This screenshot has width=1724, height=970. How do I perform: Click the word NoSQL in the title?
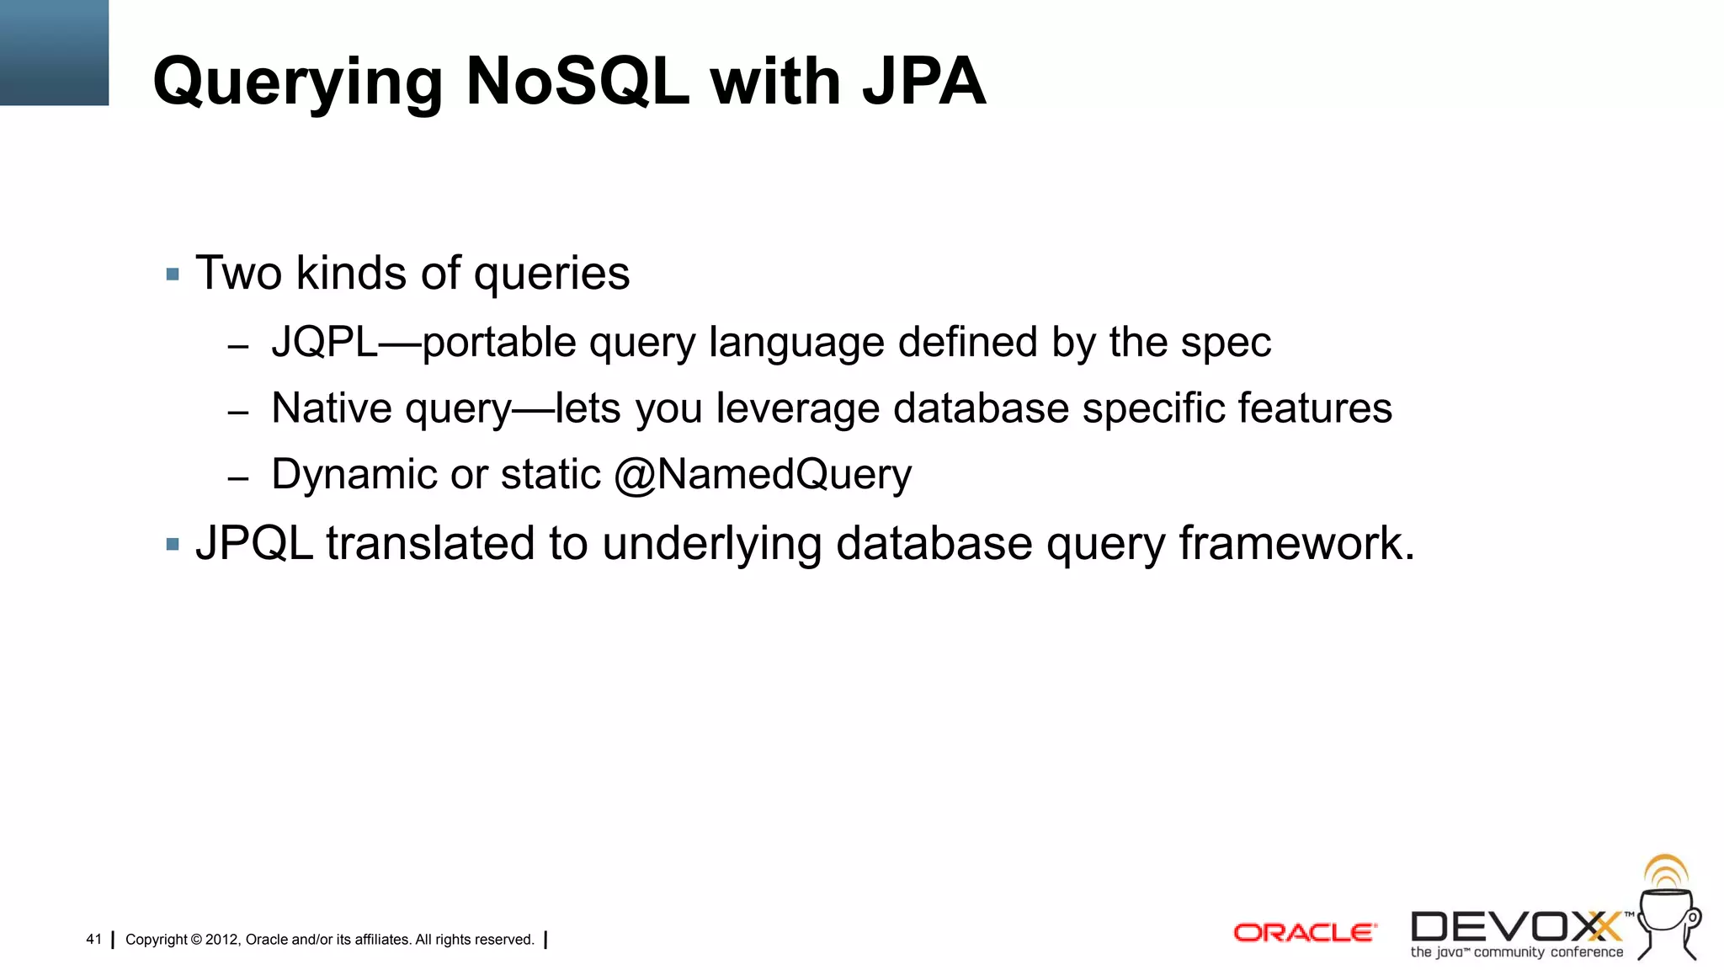[x=577, y=82]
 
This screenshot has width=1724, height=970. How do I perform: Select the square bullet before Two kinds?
[x=173, y=274]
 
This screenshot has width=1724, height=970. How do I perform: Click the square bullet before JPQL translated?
[x=173, y=545]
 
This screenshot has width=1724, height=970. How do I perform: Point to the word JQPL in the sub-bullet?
[x=324, y=343]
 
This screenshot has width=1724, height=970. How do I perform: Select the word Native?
[x=331, y=408]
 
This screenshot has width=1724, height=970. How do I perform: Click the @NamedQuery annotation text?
[x=763, y=475]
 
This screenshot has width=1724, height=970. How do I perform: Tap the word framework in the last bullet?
[x=1296, y=543]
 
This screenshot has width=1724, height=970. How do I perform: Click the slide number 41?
[x=93, y=940]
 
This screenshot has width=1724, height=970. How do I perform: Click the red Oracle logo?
[x=1304, y=933]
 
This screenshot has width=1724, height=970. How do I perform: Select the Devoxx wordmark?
[x=1515, y=928]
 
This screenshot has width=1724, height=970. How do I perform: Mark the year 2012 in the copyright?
[x=222, y=940]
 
